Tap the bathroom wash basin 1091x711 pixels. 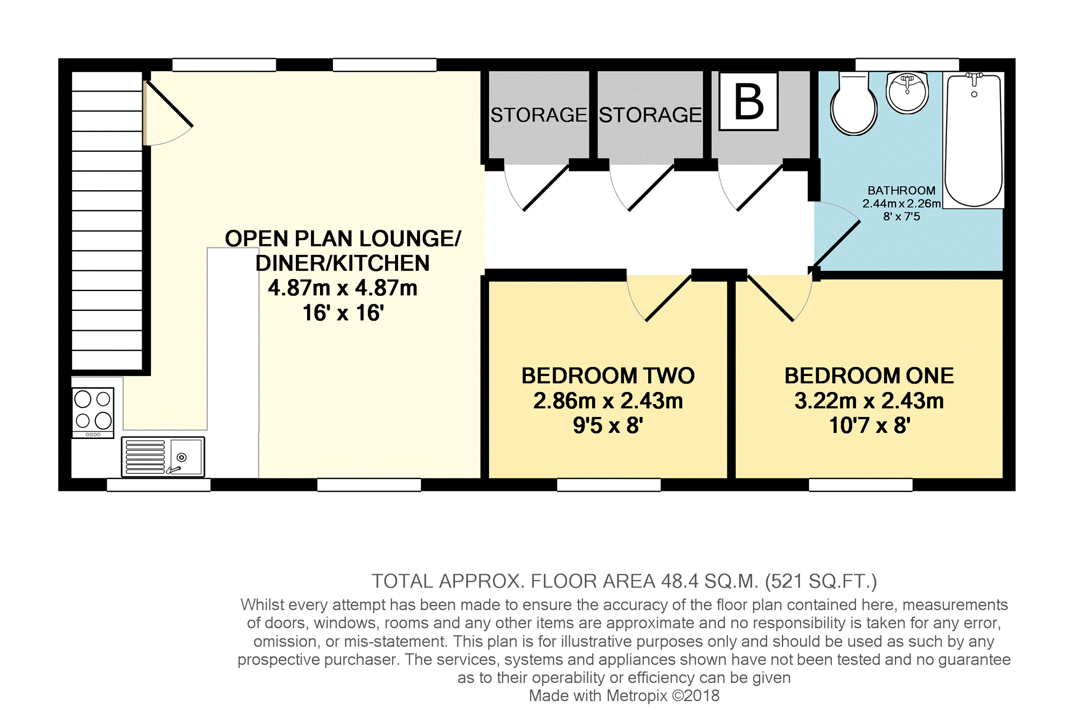908,93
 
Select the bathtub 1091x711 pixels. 974,140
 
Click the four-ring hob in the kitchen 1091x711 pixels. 93,413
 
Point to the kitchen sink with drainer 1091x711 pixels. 163,457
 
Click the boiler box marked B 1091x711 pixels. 749,101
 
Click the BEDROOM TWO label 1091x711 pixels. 608,376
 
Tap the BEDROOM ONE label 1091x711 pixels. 869,376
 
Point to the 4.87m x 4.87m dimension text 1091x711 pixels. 343,288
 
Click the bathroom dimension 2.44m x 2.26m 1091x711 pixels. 901,204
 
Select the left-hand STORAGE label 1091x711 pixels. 538,115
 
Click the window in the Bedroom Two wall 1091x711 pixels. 609,485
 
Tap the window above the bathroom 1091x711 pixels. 907,65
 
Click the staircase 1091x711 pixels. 107,221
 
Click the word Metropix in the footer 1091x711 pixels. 637,696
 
